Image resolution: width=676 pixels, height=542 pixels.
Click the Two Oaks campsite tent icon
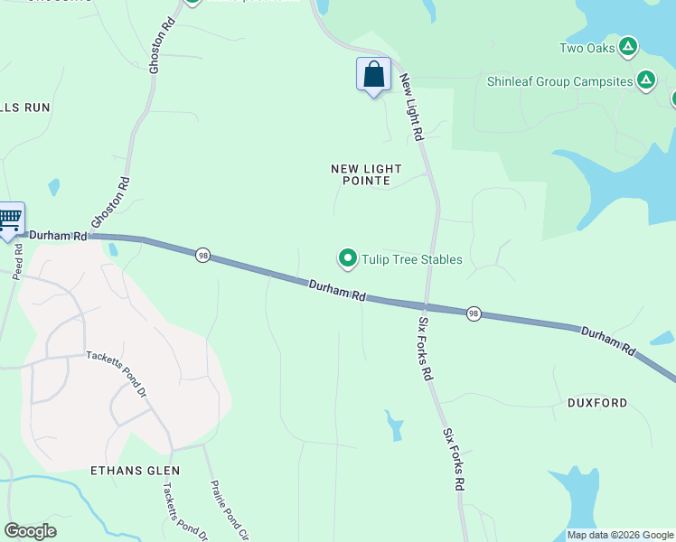[x=629, y=47]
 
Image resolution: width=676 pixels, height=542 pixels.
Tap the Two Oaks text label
[x=587, y=48]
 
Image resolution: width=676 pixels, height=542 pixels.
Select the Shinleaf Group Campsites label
[x=560, y=81]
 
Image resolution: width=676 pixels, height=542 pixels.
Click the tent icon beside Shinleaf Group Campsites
[x=646, y=81]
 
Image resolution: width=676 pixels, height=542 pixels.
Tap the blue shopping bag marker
[x=373, y=75]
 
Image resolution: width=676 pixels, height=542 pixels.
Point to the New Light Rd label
[x=411, y=107]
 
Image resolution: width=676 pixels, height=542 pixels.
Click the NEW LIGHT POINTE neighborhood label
[x=366, y=174]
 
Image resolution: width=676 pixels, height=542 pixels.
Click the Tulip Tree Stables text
[x=412, y=260]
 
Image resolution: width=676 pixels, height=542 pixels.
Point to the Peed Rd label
[x=17, y=261]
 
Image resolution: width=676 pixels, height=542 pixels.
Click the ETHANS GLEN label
[x=136, y=471]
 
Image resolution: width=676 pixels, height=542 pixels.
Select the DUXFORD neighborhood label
[x=597, y=403]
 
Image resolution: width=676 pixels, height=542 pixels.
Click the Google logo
[x=30, y=531]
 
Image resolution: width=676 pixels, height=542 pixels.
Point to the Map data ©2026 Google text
[x=620, y=535]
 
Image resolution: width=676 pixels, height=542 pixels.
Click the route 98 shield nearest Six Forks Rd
[x=474, y=313]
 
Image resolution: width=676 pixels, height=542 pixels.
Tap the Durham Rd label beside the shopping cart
[x=58, y=235]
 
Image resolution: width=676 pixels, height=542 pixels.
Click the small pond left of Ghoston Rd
[x=54, y=187]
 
